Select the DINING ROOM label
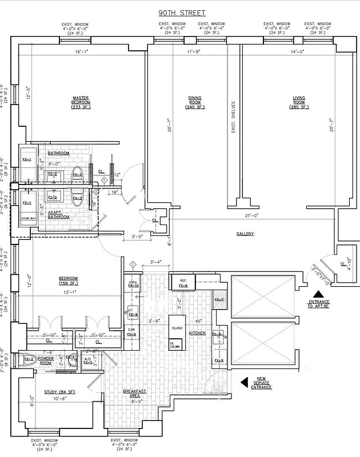194,102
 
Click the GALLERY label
245,234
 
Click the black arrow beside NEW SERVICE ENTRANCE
244,381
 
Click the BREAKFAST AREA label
135,393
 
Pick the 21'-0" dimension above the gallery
249,215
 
